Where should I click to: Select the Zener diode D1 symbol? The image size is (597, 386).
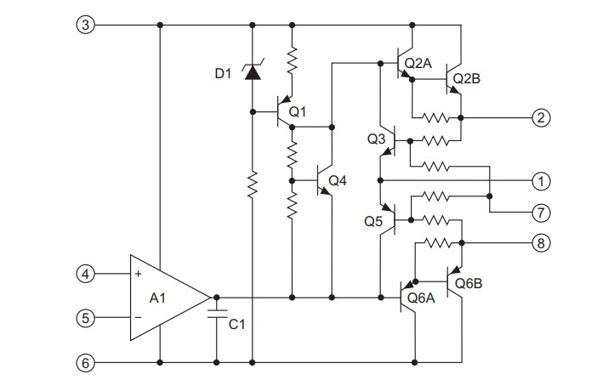click(252, 71)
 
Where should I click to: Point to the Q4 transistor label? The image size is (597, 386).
click(338, 180)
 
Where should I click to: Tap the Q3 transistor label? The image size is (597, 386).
click(376, 138)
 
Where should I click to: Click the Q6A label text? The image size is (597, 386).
click(423, 298)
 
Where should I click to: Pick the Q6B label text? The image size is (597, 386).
click(470, 282)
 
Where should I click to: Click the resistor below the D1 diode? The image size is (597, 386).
click(252, 184)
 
